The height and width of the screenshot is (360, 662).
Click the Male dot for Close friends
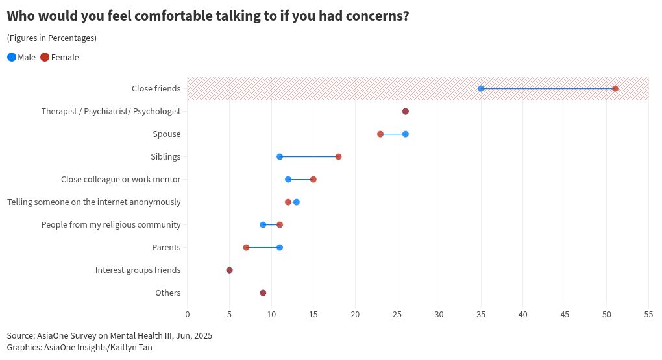pyautogui.click(x=481, y=88)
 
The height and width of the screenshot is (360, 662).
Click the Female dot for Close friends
pyautogui.click(x=615, y=88)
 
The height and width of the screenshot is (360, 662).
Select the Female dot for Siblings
pyautogui.click(x=338, y=157)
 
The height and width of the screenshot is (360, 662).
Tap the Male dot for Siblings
pyautogui.click(x=280, y=157)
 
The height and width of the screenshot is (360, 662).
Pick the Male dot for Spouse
pyautogui.click(x=406, y=134)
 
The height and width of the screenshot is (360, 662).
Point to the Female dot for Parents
pyautogui.click(x=246, y=248)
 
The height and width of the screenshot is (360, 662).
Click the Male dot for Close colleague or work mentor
pyautogui.click(x=288, y=179)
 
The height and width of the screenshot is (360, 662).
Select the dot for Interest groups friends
pyautogui.click(x=229, y=270)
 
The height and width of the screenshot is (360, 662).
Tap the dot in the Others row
pyautogui.click(x=263, y=293)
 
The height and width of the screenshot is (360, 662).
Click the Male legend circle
pyautogui.click(x=12, y=57)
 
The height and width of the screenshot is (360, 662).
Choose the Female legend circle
pyautogui.click(x=45, y=57)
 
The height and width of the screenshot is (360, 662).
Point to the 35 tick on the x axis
pyautogui.click(x=481, y=315)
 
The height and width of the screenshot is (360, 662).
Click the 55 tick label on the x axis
pyautogui.click(x=648, y=315)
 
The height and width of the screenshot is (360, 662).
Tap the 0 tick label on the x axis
pyautogui.click(x=188, y=315)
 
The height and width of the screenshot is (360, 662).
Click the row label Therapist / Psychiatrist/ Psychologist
pyautogui.click(x=110, y=112)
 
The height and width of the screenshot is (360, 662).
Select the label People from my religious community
pyautogui.click(x=110, y=225)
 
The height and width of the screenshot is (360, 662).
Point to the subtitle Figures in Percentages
pyautogui.click(x=52, y=38)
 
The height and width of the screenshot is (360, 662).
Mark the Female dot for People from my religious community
pyautogui.click(x=280, y=225)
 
